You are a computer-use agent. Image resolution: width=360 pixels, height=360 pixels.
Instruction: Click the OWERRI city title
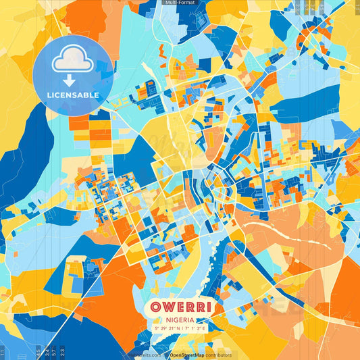tap(180, 307)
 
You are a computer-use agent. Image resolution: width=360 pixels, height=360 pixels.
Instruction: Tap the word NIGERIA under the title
tap(180, 320)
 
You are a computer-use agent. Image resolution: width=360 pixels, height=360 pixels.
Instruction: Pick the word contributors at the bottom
tap(219, 355)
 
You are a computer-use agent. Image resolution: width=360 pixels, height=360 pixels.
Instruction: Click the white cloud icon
tap(72, 59)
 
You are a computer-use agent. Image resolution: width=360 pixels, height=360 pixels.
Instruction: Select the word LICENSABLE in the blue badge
tap(73, 95)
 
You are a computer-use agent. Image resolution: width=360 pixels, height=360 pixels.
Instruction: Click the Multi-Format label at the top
tap(180, 3)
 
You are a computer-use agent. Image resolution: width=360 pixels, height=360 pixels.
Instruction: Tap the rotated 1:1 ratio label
tap(3, 351)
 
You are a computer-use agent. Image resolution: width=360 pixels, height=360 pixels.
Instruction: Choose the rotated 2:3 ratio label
tap(63, 351)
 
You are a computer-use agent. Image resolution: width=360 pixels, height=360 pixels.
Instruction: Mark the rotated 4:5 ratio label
tap(38, 351)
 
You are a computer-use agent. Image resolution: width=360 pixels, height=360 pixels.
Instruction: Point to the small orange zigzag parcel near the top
tap(161, 51)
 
